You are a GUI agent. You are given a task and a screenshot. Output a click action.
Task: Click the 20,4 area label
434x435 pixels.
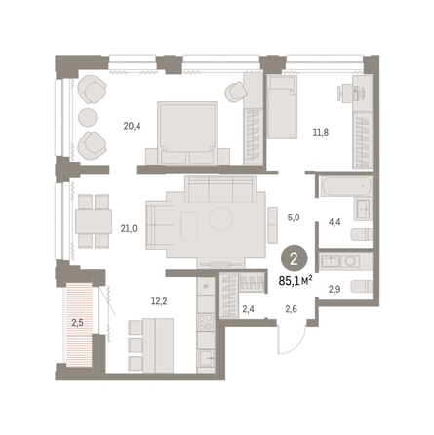(132, 126)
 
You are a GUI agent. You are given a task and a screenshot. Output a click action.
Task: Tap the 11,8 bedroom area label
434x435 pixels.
(321, 133)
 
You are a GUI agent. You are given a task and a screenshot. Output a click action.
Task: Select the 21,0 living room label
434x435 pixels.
(129, 229)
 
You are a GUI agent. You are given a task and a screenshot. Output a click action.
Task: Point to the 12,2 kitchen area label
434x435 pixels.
(159, 301)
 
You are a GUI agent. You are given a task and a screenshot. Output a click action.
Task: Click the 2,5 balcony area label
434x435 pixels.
(77, 323)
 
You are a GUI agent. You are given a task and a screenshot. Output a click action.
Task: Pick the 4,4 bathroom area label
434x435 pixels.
(335, 222)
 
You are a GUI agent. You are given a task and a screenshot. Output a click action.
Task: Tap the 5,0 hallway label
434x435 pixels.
(294, 217)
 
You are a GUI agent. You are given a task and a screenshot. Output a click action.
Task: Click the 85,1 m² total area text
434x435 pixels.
(296, 280)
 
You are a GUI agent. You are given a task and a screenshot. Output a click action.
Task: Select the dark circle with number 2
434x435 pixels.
(294, 259)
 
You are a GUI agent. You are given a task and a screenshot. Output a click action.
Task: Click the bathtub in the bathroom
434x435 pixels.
(345, 185)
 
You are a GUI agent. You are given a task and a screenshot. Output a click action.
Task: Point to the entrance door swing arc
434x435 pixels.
(298, 343)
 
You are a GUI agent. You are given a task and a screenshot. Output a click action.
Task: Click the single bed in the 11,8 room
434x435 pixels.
(282, 107)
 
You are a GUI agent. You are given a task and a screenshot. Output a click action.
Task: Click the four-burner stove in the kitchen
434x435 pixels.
(206, 322)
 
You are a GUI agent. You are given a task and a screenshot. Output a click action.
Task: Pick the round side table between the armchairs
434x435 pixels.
(88, 117)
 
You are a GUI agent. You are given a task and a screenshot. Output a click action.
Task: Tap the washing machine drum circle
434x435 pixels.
(351, 261)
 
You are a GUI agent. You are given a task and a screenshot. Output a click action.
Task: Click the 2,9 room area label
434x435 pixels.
(335, 289)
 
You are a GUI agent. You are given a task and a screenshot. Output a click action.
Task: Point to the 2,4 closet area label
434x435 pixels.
(249, 309)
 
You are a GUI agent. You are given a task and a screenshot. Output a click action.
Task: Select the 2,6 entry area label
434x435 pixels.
(291, 309)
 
